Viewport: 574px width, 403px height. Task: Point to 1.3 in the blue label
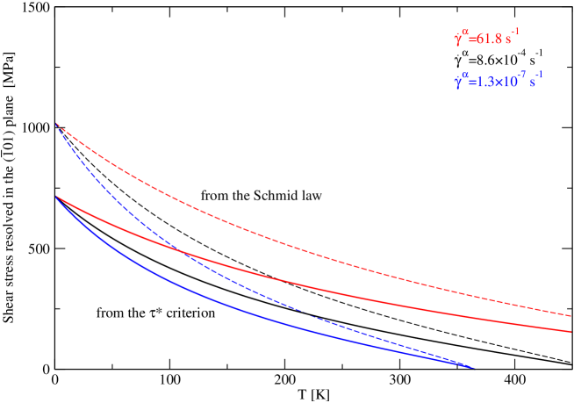tap(484, 83)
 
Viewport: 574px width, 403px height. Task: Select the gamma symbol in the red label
tap(457, 40)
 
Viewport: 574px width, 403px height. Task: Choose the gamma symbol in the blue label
tap(457, 83)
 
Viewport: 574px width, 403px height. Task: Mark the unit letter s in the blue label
tap(532, 83)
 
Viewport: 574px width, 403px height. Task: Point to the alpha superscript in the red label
tap(464, 32)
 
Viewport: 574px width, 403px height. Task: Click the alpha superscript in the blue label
tap(464, 76)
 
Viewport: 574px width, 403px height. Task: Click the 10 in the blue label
tap(508, 83)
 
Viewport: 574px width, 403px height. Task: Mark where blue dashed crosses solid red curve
tap(181, 252)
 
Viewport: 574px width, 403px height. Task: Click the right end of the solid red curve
tap(571, 331)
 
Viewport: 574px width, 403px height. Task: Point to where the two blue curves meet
tap(472, 367)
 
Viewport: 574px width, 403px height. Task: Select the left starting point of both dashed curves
tap(56, 124)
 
